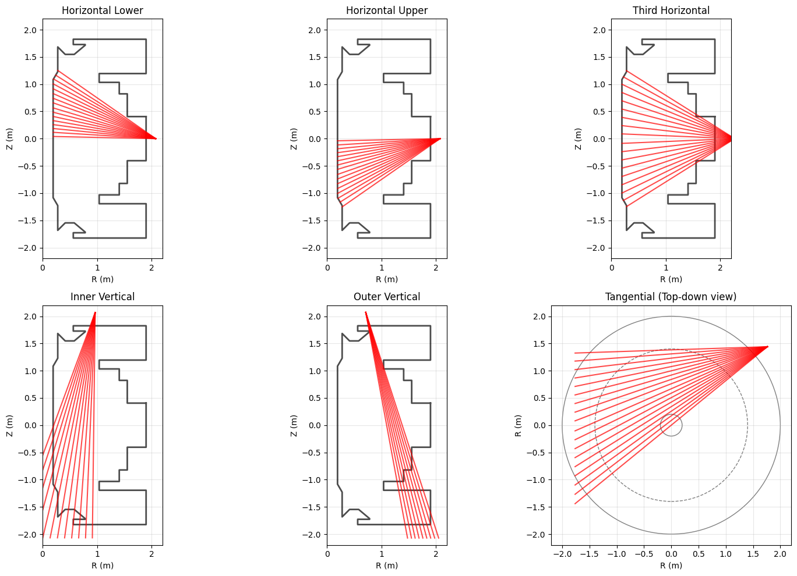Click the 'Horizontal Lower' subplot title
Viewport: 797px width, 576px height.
[103, 10]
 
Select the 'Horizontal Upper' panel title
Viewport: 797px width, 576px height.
[387, 10]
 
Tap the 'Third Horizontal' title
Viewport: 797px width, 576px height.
[671, 10]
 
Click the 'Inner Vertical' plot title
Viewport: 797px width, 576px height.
[103, 297]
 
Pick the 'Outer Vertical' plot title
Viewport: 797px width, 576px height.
[387, 297]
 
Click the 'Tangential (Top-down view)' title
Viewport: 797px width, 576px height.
[671, 297]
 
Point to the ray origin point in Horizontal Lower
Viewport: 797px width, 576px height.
[156, 138]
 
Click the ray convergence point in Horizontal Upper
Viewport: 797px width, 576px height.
[440, 138]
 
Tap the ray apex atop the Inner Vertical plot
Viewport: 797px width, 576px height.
[95, 312]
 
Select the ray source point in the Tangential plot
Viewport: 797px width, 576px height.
[768, 347]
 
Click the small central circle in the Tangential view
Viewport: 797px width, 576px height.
[671, 425]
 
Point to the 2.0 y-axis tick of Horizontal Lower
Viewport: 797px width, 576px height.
[30, 30]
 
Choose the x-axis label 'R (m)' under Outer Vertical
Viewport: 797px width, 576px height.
[387, 566]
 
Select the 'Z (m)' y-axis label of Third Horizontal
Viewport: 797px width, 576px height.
[579, 138]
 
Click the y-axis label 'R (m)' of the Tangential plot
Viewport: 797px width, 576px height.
[519, 425]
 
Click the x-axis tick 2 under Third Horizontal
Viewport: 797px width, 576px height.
[721, 268]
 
